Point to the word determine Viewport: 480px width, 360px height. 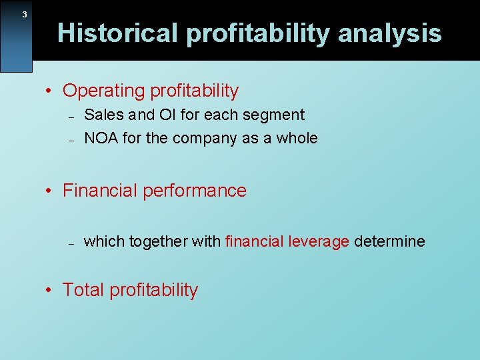389,241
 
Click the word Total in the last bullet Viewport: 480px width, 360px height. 83,290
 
